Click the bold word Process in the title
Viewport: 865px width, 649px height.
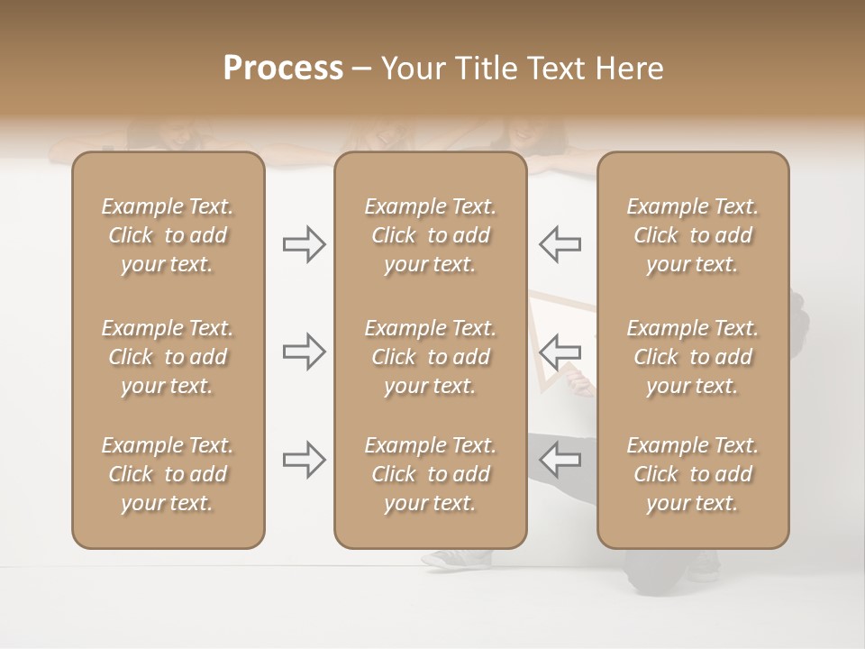click(283, 69)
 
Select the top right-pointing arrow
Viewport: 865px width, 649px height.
click(304, 244)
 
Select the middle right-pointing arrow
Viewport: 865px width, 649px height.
click(304, 352)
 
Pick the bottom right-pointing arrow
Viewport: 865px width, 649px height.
click(304, 460)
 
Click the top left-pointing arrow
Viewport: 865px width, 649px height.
click(560, 244)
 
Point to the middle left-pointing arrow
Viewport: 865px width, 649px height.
click(560, 352)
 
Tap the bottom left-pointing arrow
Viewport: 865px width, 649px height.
click(560, 460)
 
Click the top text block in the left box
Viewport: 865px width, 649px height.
click(168, 235)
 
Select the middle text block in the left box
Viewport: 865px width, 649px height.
click(168, 357)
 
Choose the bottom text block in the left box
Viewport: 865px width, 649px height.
click(168, 474)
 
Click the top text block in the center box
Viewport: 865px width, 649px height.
click(431, 235)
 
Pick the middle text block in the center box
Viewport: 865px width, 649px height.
click(431, 357)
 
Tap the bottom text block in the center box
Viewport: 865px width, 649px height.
click(431, 474)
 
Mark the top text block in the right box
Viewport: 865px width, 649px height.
click(693, 235)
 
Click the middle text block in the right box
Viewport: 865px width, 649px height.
click(693, 357)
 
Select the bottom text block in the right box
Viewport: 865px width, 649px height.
click(693, 474)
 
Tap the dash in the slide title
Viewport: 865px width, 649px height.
click(361, 69)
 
